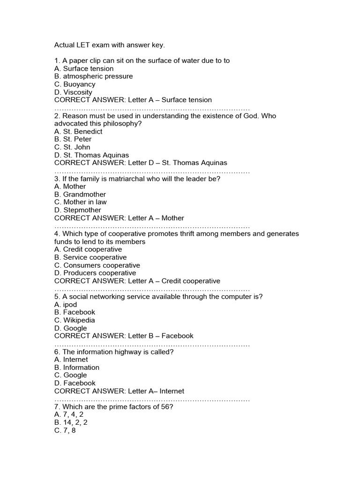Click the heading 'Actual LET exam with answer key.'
coord(110,45)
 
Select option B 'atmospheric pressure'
coord(93,76)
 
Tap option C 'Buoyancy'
coord(75,84)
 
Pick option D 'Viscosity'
coord(73,92)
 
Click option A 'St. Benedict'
coord(78,132)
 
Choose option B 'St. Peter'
coord(73,139)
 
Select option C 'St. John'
coord(72,147)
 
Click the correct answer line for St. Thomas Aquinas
coord(141,163)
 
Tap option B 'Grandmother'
coord(80,195)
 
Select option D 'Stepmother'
coord(77,210)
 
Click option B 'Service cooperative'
coord(90,257)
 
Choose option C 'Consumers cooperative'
coord(97,265)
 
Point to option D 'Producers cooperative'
coord(95,273)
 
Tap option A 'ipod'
coord(66,305)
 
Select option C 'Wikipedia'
coord(75,321)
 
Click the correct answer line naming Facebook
coord(124,336)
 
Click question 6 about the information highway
coord(114,352)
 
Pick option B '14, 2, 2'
coord(71,422)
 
